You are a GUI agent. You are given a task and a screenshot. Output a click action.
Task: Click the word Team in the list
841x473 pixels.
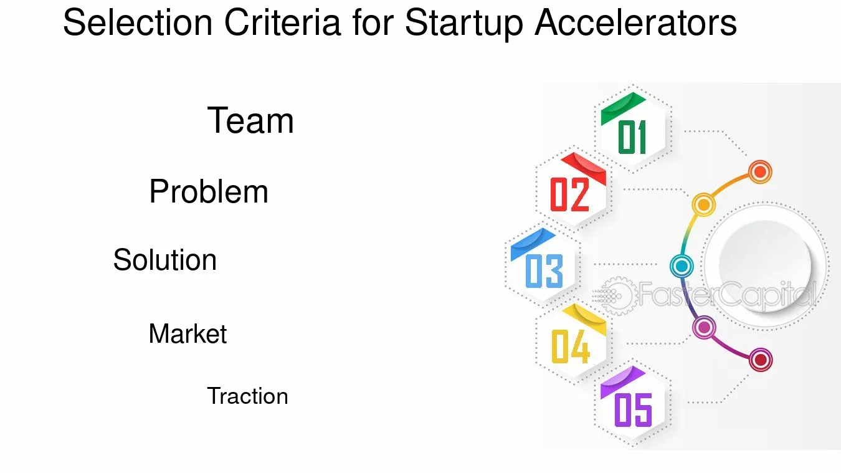250,121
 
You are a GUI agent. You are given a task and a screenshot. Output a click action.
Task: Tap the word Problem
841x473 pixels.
209,191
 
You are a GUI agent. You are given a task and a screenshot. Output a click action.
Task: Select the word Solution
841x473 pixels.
165,260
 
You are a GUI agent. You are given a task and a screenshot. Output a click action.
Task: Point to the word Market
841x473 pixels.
188,334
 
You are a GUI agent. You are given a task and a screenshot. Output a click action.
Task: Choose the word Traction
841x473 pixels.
247,396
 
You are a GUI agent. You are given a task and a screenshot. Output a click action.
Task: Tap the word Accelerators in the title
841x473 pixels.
635,23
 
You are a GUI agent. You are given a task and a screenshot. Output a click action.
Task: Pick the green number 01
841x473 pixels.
632,137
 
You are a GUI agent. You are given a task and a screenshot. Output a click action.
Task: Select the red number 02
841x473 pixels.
569,194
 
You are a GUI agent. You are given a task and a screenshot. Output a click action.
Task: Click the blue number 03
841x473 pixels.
544,271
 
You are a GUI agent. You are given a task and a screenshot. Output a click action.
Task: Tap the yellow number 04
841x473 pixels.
570,346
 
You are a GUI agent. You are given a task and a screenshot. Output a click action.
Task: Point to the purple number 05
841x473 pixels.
633,409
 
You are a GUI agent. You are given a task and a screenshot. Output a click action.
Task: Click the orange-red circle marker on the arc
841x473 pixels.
759,171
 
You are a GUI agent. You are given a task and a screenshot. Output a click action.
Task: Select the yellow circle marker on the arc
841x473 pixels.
703,204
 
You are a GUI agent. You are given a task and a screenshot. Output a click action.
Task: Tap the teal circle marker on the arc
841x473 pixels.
682,266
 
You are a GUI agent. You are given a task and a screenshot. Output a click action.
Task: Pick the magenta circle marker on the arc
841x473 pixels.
704,327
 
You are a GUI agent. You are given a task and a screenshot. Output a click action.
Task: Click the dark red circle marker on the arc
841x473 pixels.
760,360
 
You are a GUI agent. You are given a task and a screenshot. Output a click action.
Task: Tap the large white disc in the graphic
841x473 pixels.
765,266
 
